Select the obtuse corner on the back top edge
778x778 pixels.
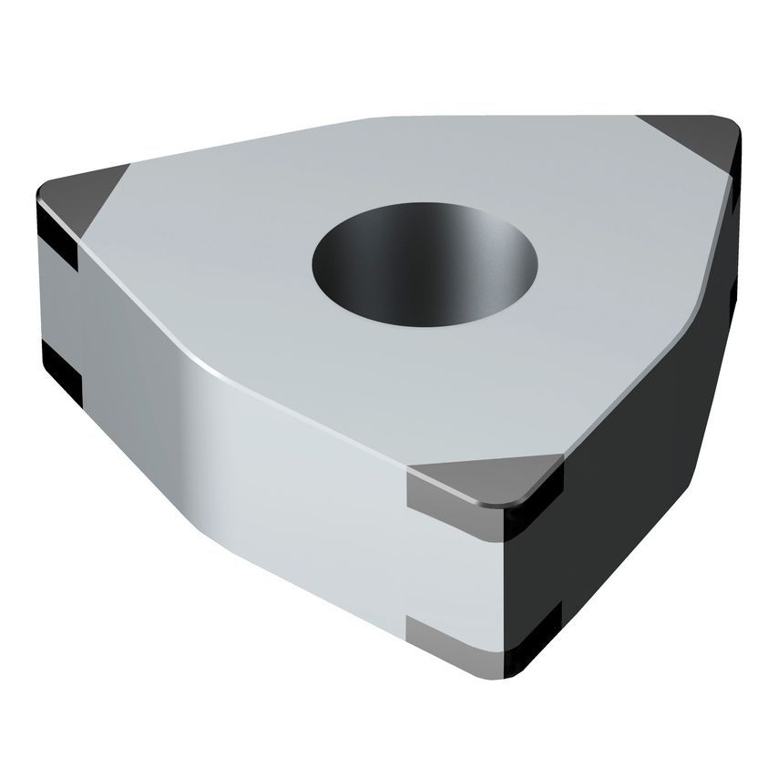[x=383, y=120]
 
